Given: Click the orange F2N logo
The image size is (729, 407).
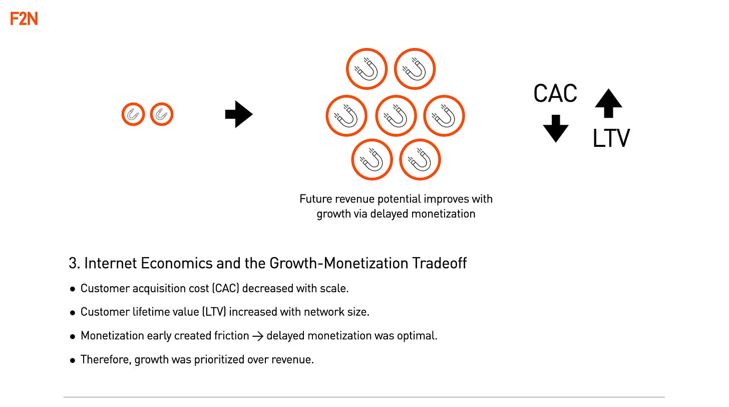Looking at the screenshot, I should [x=24, y=19].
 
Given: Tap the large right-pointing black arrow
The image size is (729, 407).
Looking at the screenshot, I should [x=239, y=115].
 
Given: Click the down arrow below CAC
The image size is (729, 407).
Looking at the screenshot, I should [x=555, y=128].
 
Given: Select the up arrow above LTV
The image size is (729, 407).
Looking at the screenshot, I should [x=608, y=103].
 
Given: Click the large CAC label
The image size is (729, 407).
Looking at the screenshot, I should [x=555, y=93].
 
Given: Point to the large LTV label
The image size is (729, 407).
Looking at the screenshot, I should [x=611, y=138].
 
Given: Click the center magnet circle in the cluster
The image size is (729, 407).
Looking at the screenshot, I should [x=396, y=116].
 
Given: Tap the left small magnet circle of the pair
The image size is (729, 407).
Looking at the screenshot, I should [x=133, y=115].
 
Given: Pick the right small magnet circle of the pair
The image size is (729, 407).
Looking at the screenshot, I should [x=161, y=115].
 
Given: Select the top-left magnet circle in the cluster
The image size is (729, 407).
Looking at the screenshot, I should [x=367, y=69].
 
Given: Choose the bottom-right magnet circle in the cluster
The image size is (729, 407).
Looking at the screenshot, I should [x=420, y=159].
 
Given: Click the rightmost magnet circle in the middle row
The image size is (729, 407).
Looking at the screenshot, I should [x=444, y=116].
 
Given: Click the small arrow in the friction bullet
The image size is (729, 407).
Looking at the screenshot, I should [x=258, y=336].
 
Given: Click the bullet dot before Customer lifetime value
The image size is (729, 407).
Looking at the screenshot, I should [x=73, y=312].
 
